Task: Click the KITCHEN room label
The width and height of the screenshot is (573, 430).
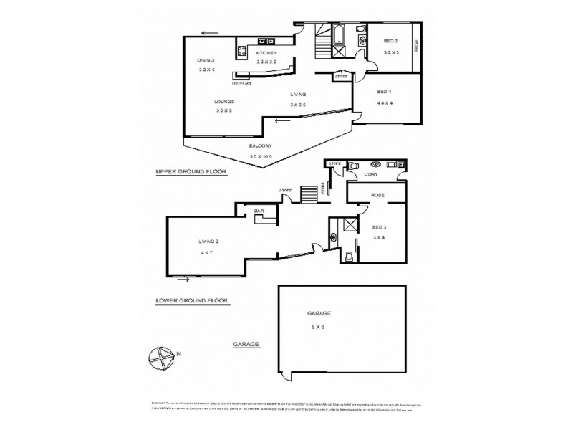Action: [269, 54]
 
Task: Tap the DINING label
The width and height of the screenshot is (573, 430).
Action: [206, 60]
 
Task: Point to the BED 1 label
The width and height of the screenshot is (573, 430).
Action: [385, 92]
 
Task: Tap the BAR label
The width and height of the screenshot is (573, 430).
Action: [259, 211]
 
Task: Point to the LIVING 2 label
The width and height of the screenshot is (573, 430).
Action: [208, 242]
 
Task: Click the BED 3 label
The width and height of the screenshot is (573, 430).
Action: [380, 226]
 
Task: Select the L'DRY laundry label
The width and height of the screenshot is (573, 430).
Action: [371, 174]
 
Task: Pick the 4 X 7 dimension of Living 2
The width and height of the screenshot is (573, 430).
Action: [208, 251]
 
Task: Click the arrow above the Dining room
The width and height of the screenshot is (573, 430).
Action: [209, 32]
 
